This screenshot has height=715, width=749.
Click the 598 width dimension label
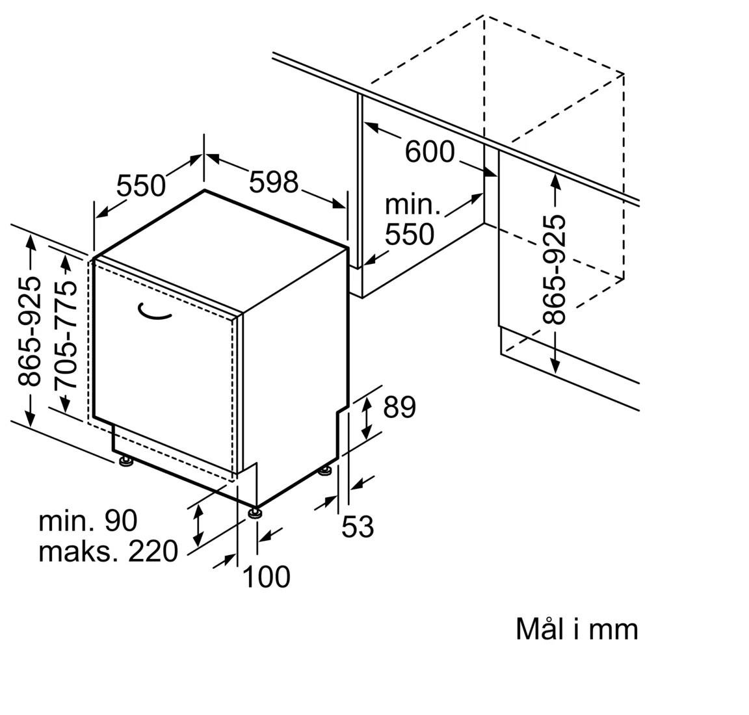pyautogui.click(x=274, y=182)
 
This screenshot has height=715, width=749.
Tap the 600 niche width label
pyautogui.click(x=430, y=151)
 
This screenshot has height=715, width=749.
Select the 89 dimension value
pyautogui.click(x=399, y=408)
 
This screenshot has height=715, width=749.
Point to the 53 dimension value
pyautogui.click(x=358, y=526)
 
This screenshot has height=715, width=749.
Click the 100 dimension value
pyautogui.click(x=266, y=576)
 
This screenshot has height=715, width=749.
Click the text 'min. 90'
pyautogui.click(x=88, y=521)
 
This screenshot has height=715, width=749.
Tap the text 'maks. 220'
pyautogui.click(x=108, y=551)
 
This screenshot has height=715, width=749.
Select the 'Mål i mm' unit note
pyautogui.click(x=577, y=629)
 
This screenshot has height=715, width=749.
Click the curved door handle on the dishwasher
pyautogui.click(x=155, y=313)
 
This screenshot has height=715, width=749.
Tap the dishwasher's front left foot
pyautogui.click(x=125, y=461)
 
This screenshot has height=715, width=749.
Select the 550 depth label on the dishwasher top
pyautogui.click(x=141, y=186)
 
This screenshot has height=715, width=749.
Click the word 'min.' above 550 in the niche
pyautogui.click(x=413, y=205)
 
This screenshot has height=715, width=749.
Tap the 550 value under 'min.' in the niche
pyautogui.click(x=409, y=234)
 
